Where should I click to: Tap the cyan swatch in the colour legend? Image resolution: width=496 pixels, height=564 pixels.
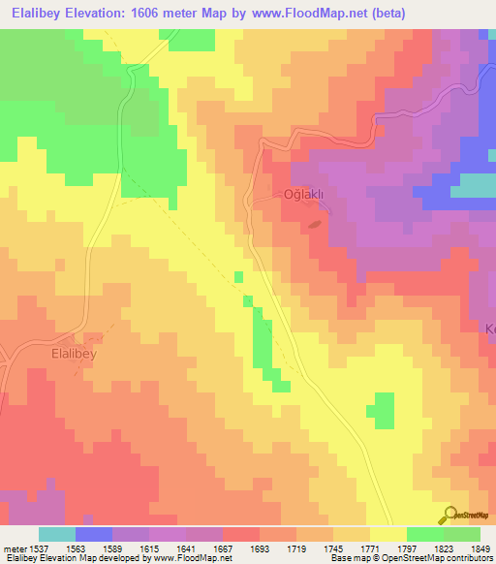tap(57, 534)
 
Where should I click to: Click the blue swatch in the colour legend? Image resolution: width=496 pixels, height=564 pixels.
tap(94, 534)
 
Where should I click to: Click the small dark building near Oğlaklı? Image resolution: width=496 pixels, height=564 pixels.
tap(314, 226)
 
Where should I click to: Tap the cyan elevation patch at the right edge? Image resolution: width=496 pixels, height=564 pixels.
tap(476, 184)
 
